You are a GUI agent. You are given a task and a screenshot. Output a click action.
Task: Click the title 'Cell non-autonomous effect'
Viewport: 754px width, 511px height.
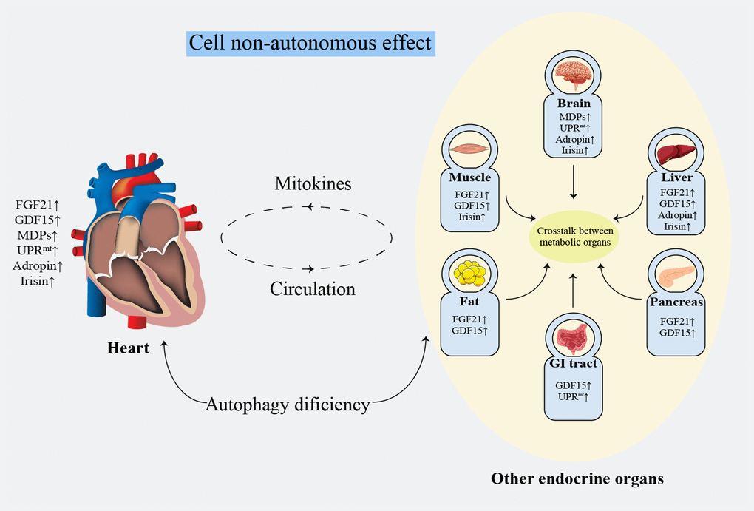310,42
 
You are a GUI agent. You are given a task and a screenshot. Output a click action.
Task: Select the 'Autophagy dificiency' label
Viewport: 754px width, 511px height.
287,405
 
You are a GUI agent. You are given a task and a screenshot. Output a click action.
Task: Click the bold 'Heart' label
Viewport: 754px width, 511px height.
127,348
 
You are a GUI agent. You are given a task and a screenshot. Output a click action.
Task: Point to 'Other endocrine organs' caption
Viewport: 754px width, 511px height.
577,478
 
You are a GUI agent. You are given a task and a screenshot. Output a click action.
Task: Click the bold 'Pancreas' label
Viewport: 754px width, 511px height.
675,302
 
